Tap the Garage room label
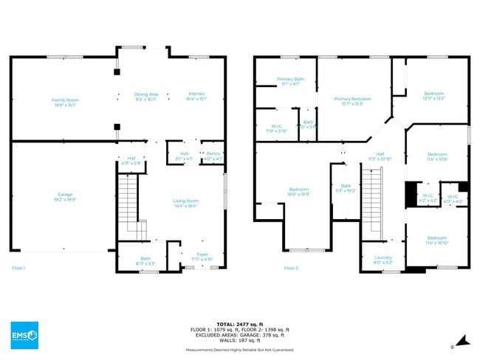(65, 196)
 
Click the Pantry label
(213, 156)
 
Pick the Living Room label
(186, 203)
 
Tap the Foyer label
(202, 256)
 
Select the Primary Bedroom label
(352, 101)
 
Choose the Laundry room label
(373, 259)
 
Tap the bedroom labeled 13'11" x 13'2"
(433, 96)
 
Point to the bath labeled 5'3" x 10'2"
(346, 188)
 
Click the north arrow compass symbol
(463, 340)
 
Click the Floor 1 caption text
(18, 268)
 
